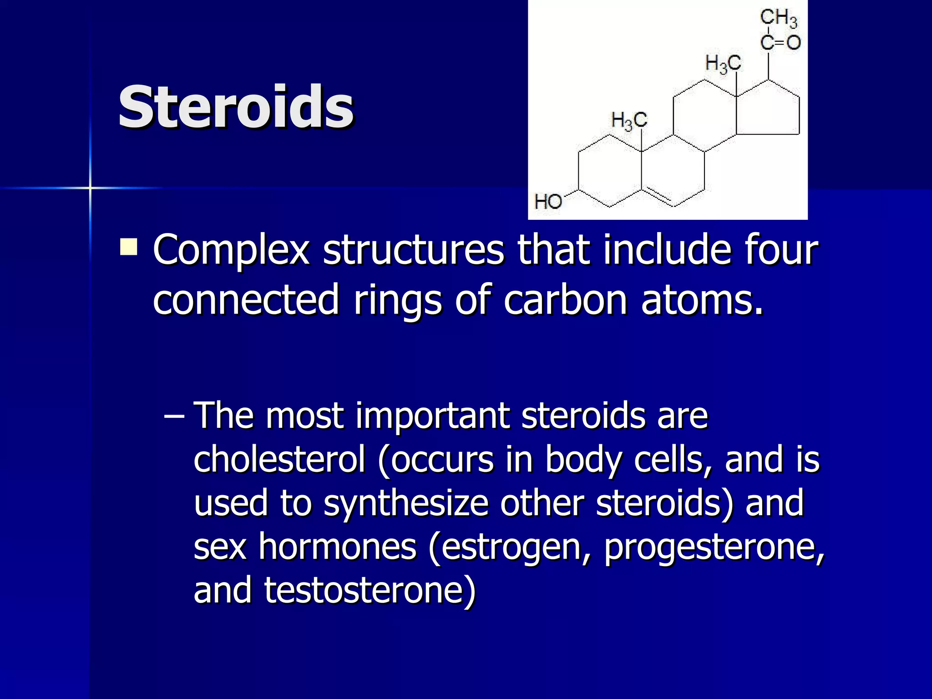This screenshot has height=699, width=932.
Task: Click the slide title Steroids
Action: (x=236, y=107)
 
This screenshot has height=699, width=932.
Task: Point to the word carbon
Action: (x=566, y=299)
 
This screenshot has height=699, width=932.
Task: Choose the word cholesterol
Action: (x=279, y=459)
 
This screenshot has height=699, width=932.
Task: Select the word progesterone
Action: (x=714, y=547)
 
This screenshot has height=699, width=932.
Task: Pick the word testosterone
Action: (x=370, y=589)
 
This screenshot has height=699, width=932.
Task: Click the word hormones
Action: (x=337, y=546)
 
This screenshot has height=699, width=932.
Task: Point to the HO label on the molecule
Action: (x=548, y=201)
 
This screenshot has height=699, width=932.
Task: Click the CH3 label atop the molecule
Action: (x=779, y=18)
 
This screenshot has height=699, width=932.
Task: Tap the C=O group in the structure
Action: (x=780, y=43)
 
